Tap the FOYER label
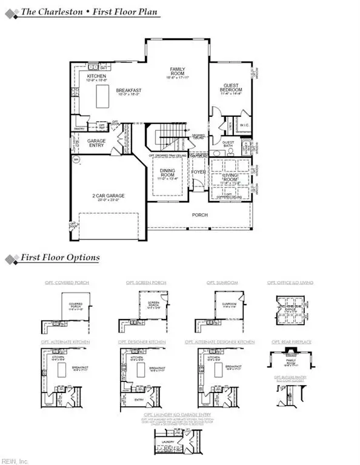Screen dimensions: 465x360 click(x=199, y=172)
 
